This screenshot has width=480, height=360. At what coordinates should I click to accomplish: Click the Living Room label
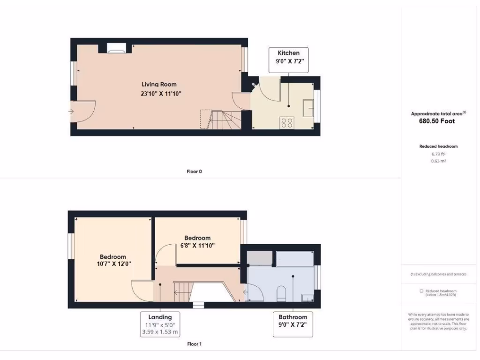pos(159,84)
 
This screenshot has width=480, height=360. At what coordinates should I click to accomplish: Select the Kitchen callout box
pos(288,59)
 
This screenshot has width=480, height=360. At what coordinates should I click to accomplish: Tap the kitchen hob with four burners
pos(287,123)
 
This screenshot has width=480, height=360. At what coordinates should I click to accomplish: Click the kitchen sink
pos(308,108)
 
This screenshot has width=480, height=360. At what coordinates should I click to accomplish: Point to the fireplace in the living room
pos(116,47)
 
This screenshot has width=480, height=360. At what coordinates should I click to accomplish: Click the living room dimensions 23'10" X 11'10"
pos(161,94)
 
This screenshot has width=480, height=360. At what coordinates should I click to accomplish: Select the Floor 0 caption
pos(194,172)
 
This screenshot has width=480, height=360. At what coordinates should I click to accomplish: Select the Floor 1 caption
pos(194,344)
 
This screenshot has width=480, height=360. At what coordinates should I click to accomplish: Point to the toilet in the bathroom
pos(281,293)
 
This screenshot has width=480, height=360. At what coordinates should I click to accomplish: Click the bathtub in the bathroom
pos(294,259)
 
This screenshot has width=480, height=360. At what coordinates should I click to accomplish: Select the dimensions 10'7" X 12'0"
pos(112,264)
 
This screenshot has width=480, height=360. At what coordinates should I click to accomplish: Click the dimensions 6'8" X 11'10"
pos(197,245)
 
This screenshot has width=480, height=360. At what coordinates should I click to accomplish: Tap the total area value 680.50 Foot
pos(436,121)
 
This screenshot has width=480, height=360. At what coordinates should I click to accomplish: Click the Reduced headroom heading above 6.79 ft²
pos(438,146)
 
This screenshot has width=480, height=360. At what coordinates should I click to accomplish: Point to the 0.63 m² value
pos(438,161)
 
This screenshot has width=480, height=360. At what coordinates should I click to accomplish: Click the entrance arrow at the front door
pos(71,112)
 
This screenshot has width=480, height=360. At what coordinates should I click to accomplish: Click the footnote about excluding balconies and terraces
pos(438,274)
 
